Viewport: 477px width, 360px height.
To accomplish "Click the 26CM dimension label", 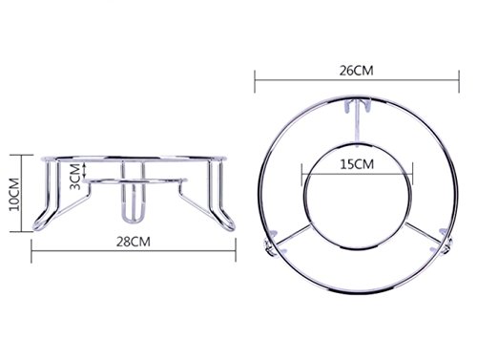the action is click(356, 71).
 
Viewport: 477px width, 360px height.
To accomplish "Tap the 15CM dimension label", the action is click(357, 164).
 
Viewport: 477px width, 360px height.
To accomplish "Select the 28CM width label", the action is click(133, 242).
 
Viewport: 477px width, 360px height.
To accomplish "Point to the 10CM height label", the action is click(14, 195).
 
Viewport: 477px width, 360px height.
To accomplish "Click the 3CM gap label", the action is click(75, 177).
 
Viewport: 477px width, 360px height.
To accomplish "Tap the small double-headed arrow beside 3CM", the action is click(85, 169).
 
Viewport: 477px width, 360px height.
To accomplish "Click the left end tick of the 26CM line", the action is click(255, 82).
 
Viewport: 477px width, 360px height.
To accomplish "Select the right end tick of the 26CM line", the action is click(459, 82).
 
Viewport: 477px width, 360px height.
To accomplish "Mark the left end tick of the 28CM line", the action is click(31, 251).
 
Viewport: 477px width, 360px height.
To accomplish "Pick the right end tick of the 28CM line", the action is click(236, 250).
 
